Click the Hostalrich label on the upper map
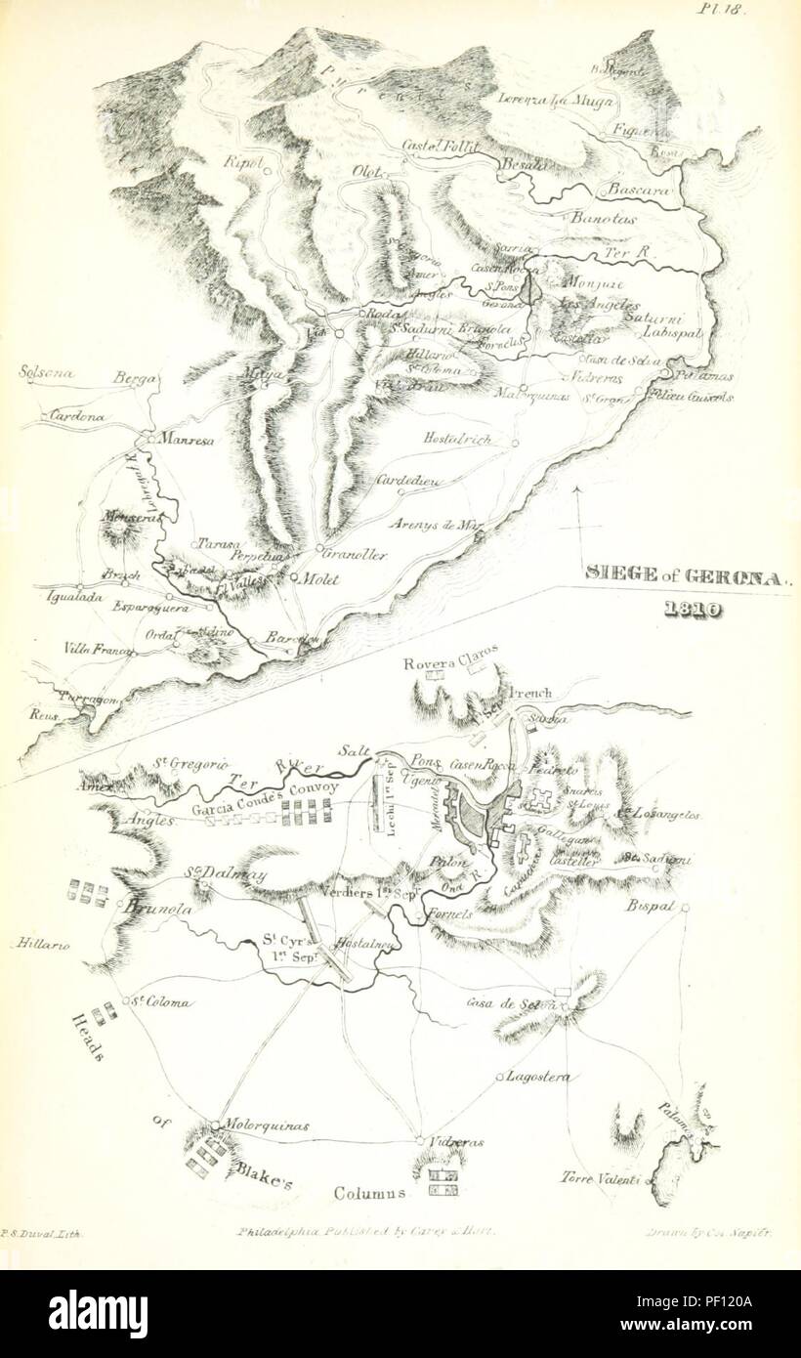click(457, 441)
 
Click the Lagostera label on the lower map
click(539, 1076)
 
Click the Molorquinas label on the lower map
click(268, 1125)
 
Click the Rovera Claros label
click(451, 654)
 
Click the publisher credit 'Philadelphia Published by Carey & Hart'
click(366, 1233)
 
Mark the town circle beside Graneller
click(319, 547)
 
